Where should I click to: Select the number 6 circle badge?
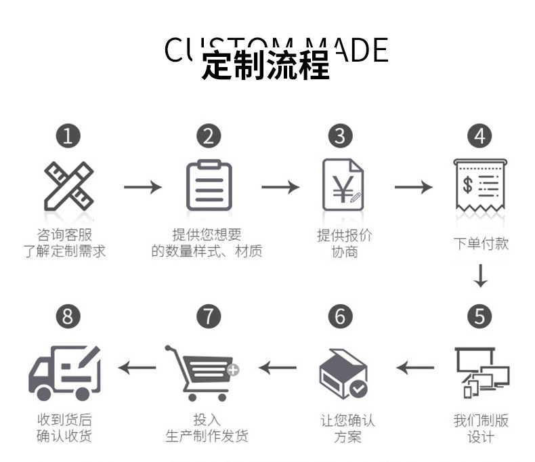point(341,316)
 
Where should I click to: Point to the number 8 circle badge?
point(68,316)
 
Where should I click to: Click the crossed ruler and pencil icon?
point(68,185)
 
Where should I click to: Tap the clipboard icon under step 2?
point(209,185)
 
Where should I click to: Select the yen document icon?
point(342,185)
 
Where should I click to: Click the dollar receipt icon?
point(480,185)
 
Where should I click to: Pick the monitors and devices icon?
point(481,371)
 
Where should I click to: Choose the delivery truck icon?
point(65,372)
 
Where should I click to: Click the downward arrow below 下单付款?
point(480,276)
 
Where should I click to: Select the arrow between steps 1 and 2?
point(142,186)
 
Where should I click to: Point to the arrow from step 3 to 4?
point(413,186)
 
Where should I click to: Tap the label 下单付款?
point(480,243)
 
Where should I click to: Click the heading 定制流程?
point(265,66)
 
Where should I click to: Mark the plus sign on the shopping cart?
point(232,370)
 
